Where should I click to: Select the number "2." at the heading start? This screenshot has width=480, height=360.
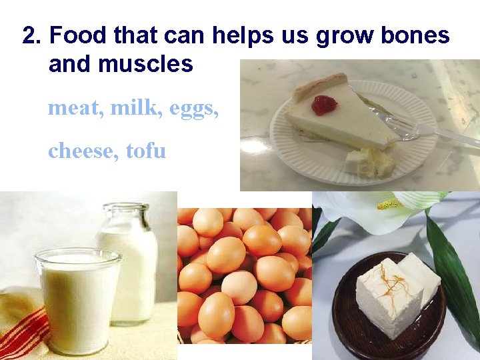click(x=32, y=35)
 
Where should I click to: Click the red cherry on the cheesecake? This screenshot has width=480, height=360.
click(x=323, y=105)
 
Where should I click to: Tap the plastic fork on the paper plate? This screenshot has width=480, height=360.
click(x=427, y=128)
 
